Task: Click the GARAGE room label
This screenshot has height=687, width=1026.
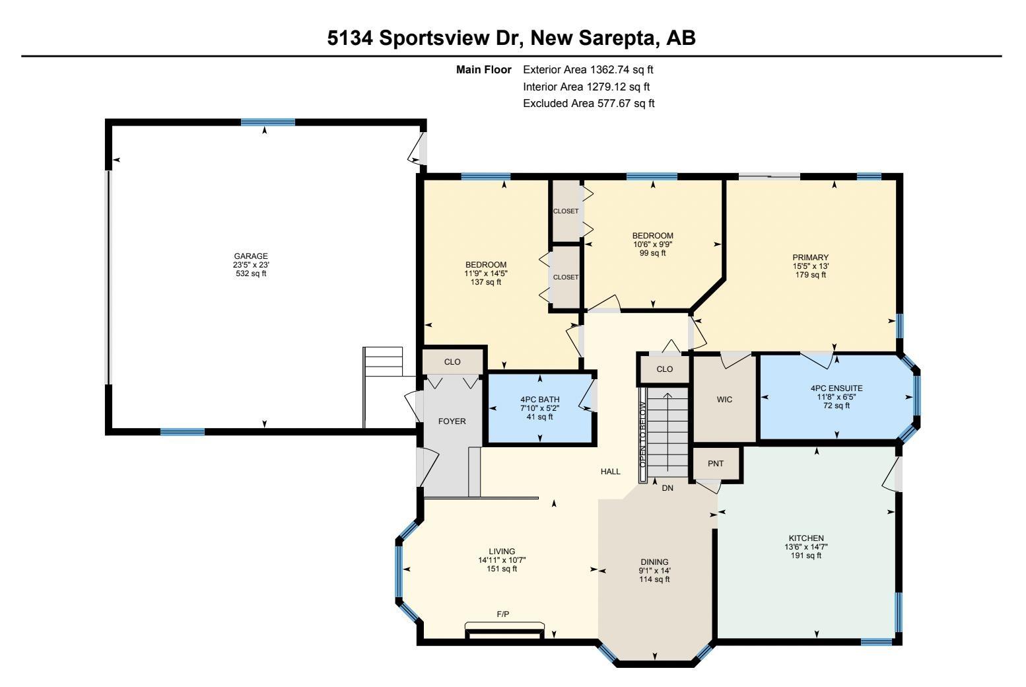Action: [250, 256]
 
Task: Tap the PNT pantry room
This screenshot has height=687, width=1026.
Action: [716, 464]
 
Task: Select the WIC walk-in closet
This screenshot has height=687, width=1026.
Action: [724, 399]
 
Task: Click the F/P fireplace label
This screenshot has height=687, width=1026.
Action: [503, 614]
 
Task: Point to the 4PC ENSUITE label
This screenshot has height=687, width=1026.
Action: [837, 388]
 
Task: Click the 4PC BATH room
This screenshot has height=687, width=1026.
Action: [539, 408]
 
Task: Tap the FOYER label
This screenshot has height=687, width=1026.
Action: [452, 421]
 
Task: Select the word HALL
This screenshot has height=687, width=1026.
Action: [611, 471]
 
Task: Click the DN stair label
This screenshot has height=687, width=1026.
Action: [667, 488]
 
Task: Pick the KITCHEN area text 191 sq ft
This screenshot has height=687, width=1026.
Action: [806, 556]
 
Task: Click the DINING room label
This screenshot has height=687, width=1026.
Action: [654, 562]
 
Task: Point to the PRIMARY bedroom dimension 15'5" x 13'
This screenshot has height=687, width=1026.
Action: [811, 266]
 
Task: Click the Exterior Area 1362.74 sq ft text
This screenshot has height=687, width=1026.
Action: [588, 69]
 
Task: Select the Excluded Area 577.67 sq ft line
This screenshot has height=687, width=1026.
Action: [588, 103]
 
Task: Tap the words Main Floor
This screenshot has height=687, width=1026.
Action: [484, 69]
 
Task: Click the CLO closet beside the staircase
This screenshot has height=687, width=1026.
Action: [665, 369]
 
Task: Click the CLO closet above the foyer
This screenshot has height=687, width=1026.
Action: [452, 361]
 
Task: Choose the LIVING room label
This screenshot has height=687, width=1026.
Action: [502, 552]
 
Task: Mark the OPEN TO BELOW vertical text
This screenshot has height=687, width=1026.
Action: [642, 435]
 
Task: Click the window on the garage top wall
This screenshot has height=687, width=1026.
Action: [268, 122]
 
